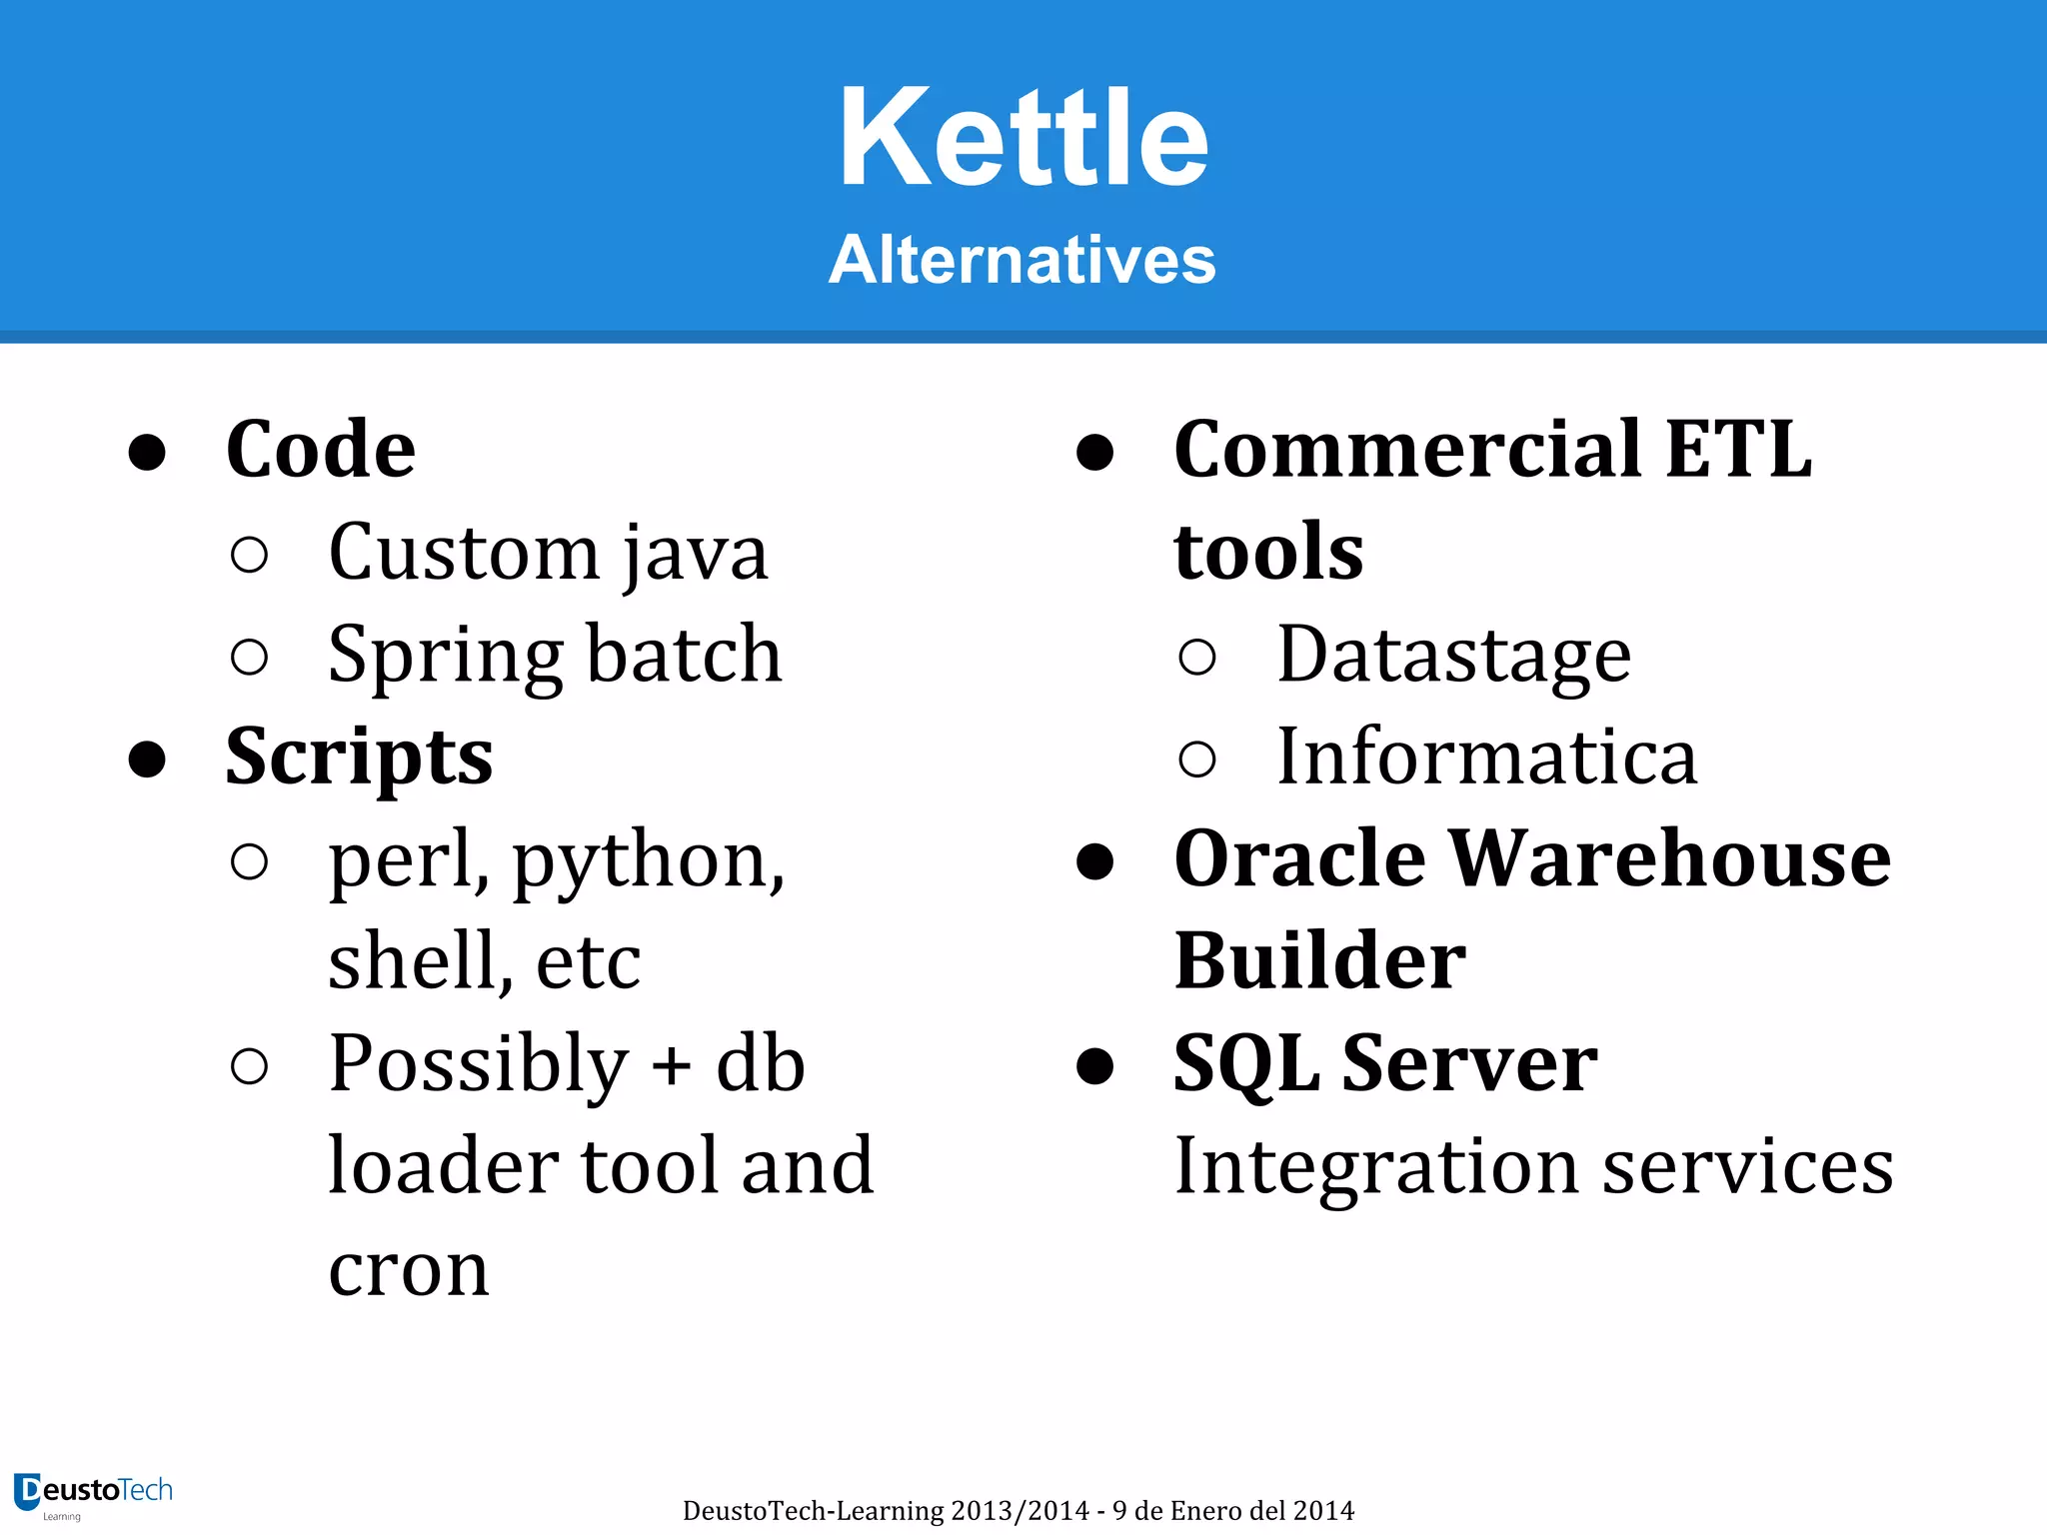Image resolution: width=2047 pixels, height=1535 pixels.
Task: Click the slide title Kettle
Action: [1023, 138]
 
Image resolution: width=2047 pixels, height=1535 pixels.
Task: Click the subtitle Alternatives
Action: [1022, 260]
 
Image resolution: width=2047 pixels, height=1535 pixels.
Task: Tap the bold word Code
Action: [320, 450]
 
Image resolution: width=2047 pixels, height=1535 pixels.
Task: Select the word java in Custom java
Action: [696, 555]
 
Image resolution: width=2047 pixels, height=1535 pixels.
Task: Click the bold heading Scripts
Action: [359, 758]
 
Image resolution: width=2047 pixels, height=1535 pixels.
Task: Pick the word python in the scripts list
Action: [645, 861]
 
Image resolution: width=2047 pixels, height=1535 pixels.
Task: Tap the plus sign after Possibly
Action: [671, 1065]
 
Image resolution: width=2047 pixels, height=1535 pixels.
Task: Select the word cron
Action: [409, 1271]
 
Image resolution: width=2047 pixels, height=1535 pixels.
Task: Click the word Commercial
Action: [1407, 450]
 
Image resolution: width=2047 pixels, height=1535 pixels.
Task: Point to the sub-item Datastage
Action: [1453, 657]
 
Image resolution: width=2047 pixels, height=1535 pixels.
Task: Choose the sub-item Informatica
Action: [1486, 758]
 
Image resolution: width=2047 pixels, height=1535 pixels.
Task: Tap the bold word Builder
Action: [1319, 961]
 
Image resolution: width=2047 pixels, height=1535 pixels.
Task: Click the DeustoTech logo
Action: [93, 1493]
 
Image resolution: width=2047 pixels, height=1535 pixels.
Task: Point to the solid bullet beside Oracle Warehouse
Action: [1095, 861]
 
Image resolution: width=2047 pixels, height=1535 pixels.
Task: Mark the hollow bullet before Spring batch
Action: [249, 658]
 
